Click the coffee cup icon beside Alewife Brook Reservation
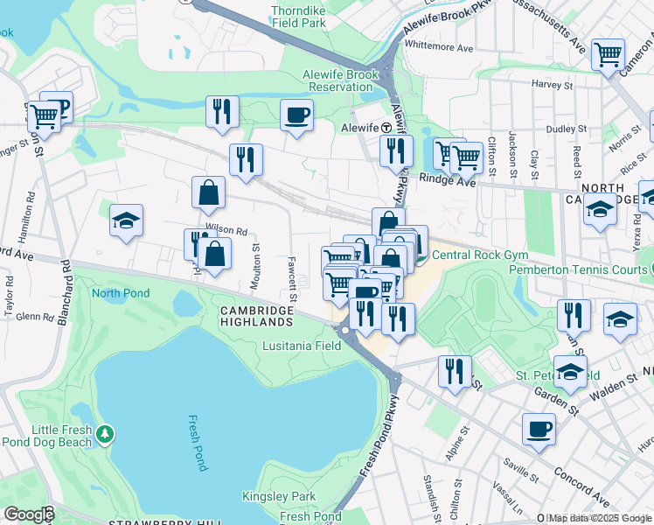tap(297, 115)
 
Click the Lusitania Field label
tap(302, 346)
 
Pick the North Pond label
tap(121, 293)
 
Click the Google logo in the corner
tap(29, 514)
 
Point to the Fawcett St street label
tap(291, 274)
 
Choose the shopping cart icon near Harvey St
tap(608, 54)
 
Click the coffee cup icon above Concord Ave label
tap(539, 430)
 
